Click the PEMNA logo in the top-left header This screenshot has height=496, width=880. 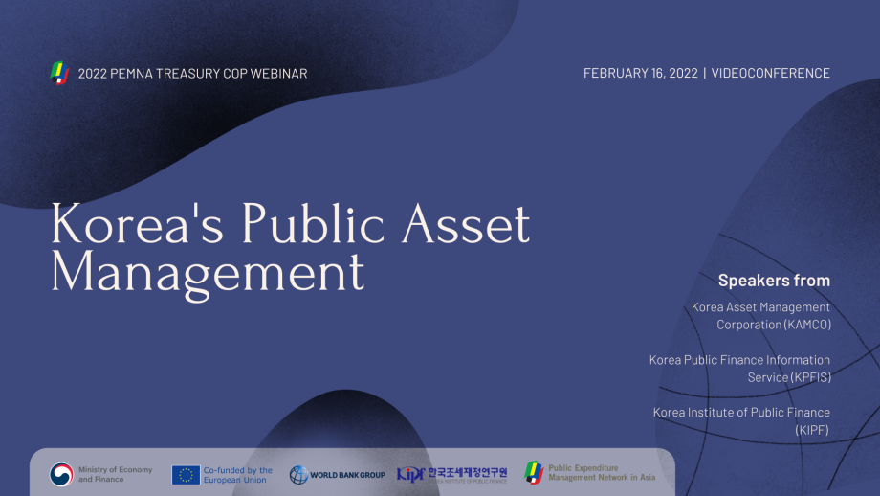coord(59,73)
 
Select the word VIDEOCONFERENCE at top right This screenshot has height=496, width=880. coord(771,74)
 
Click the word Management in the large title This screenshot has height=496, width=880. coord(208,273)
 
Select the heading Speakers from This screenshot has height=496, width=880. coord(774,281)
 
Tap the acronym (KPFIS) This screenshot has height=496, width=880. coord(809,377)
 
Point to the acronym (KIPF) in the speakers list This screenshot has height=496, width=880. coord(812,430)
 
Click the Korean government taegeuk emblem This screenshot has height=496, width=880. coord(61,474)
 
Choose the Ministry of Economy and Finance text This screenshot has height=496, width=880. coord(115,474)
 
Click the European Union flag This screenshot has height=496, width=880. coord(186,474)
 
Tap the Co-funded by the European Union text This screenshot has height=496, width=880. coord(237,474)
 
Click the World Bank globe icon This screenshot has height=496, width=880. coord(298,475)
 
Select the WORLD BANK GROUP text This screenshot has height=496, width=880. coord(348,475)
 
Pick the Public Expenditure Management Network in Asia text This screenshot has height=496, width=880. coord(602,474)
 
